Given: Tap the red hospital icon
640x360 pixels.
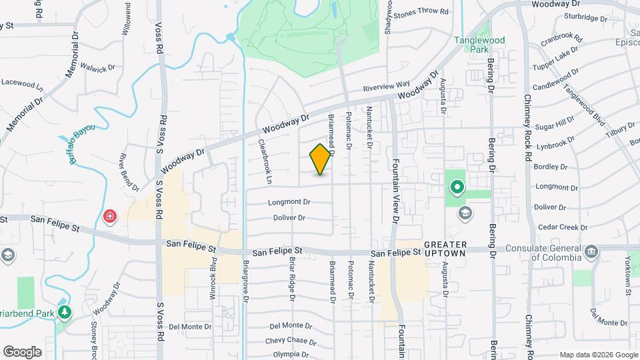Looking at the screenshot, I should [109, 216].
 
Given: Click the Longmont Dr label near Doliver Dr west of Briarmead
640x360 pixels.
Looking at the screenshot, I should [289, 202].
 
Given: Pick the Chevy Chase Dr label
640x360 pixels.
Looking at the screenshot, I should [290, 341].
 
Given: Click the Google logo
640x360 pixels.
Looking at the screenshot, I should [22, 352].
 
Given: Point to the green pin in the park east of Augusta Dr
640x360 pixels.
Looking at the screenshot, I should [457, 187].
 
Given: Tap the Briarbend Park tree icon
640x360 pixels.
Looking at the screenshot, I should [65, 311].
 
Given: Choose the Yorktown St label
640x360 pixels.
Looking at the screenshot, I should [629, 274].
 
